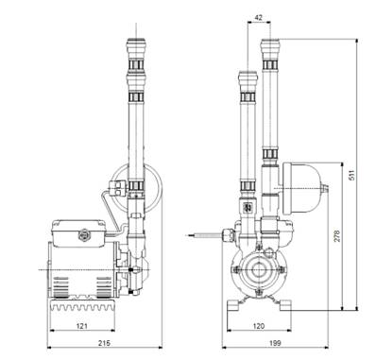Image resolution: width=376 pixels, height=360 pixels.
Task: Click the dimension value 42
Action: pyautogui.click(x=258, y=18)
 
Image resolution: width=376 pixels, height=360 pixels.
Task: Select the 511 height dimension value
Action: pyautogui.click(x=352, y=175)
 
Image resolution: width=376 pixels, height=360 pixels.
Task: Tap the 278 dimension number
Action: pyautogui.click(x=337, y=236)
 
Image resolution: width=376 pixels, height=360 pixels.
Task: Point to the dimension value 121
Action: pyautogui.click(x=82, y=326)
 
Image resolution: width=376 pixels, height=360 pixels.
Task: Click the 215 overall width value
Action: pyautogui.click(x=104, y=343)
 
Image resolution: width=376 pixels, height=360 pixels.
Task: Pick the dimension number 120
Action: pyautogui.click(x=259, y=326)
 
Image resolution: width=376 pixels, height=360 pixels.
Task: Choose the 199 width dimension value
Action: pyautogui.click(x=275, y=343)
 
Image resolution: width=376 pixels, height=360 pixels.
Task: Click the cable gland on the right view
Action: pyautogui.click(x=228, y=235)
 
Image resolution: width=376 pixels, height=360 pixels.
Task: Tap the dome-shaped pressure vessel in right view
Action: pyautogui.click(x=302, y=188)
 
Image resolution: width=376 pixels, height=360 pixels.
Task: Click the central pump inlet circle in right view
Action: pyautogui.click(x=259, y=270)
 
